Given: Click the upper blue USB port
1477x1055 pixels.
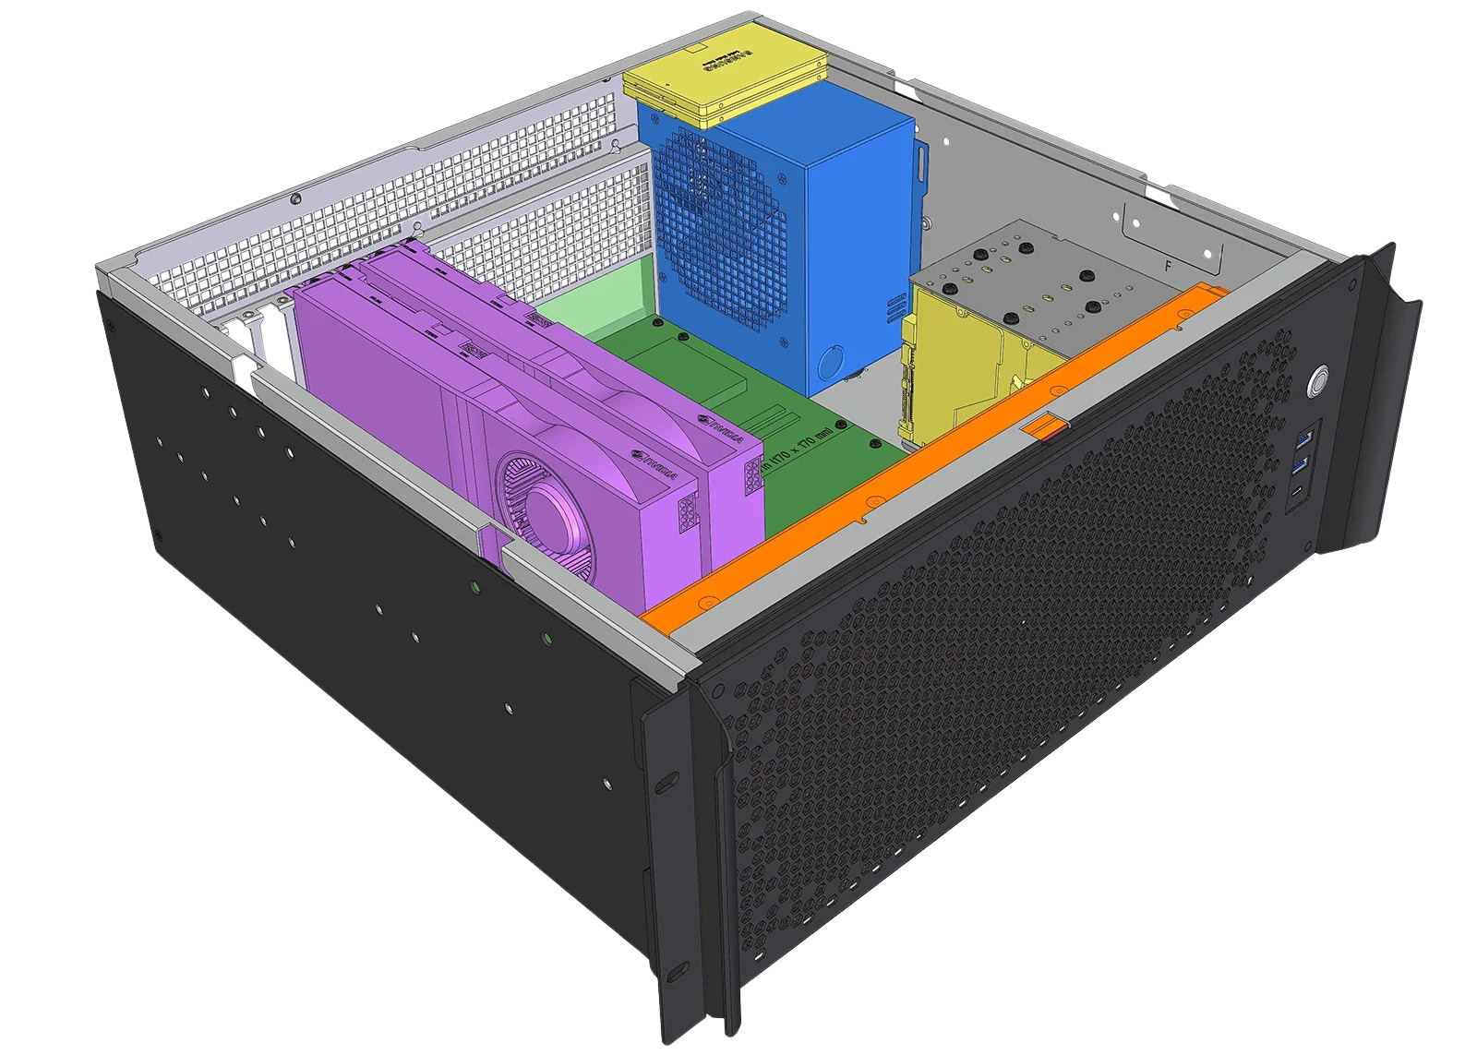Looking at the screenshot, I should tap(1305, 436).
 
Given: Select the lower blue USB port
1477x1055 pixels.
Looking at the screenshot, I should tap(1303, 463).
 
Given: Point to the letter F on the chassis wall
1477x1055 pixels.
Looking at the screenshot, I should tap(1169, 266).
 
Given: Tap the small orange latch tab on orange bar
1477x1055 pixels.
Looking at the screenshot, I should tap(1045, 426).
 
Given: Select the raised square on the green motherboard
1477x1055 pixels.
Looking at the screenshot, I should tap(702, 369).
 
